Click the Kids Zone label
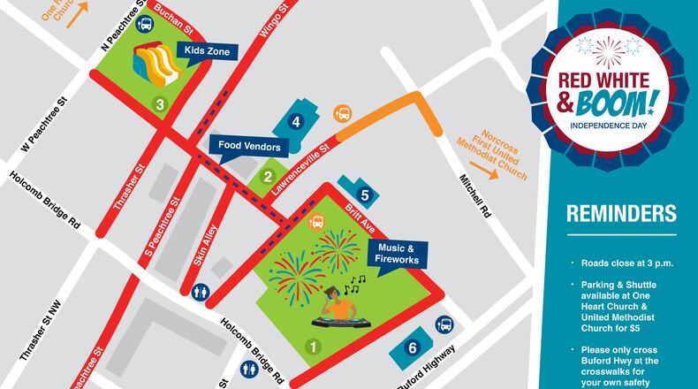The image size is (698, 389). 207,51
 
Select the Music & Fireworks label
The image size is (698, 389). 398,254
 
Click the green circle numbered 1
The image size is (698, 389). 311,347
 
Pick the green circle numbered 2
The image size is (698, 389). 267,177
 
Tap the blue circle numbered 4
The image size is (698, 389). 297,122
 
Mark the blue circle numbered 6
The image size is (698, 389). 412,347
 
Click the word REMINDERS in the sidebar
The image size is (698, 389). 621,213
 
